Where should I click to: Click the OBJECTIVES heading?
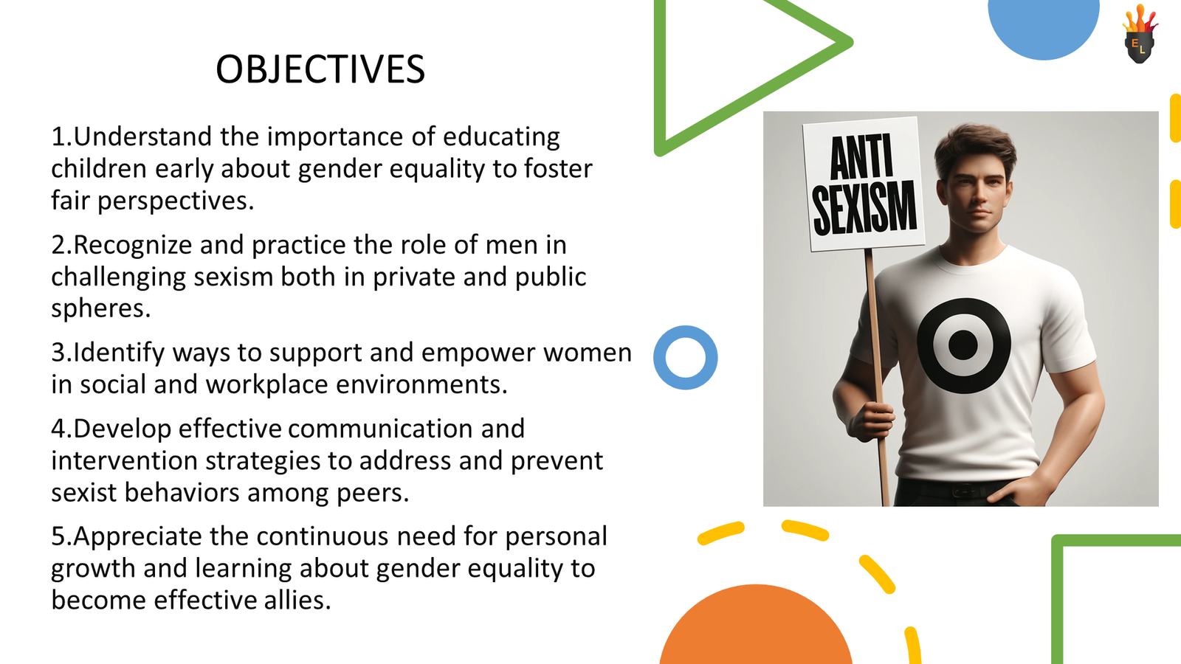[x=320, y=70]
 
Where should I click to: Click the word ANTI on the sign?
[x=861, y=156]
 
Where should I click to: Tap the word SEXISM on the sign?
[x=864, y=209]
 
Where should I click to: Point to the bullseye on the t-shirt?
[x=963, y=345]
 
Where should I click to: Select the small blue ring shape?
[x=685, y=357]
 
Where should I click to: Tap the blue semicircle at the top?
[x=1043, y=26]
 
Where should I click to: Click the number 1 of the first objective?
[x=58, y=137]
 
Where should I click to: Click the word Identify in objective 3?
[x=119, y=353]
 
